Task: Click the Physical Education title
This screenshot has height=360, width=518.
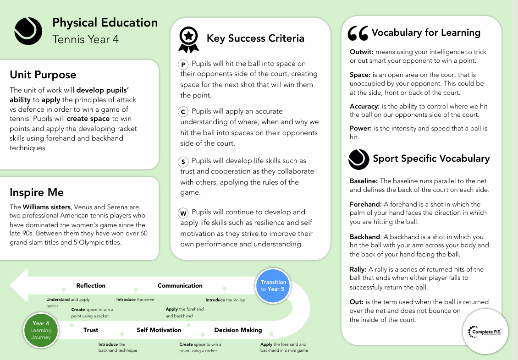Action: point(105,23)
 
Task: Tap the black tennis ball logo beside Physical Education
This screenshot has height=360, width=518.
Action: point(28,31)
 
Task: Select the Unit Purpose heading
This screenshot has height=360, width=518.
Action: point(43,75)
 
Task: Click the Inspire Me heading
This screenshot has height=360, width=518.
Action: point(37,192)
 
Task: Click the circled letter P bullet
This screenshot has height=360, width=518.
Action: point(183,65)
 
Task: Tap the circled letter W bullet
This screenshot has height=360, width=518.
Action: point(183,213)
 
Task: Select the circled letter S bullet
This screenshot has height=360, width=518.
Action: point(183,162)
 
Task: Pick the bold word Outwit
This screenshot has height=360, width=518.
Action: point(361,52)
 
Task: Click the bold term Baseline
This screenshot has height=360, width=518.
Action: point(364,181)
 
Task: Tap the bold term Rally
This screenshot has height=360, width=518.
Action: point(358,269)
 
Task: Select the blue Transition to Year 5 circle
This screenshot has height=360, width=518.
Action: point(273,285)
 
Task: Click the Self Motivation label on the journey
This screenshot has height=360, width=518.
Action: point(159,330)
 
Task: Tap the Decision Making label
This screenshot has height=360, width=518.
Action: point(238,330)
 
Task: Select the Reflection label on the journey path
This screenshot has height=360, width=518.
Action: point(91,285)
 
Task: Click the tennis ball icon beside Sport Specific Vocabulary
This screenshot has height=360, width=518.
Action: point(358,159)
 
